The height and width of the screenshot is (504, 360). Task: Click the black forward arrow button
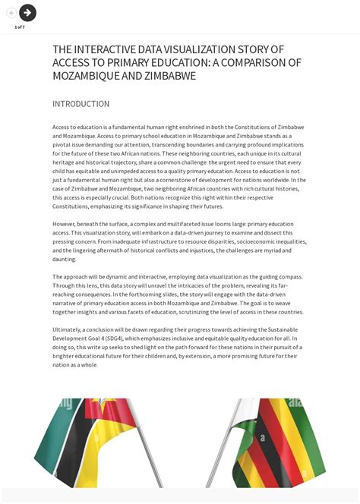coord(27,12)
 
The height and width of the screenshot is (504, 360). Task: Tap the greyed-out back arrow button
coord(11,13)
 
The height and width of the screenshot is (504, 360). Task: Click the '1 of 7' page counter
coord(19,27)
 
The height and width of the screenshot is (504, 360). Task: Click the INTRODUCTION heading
coord(81,104)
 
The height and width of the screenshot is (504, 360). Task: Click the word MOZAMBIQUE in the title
coord(86,76)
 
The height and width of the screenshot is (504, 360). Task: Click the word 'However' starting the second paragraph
coord(65,224)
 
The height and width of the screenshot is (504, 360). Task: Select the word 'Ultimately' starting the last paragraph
coord(68,329)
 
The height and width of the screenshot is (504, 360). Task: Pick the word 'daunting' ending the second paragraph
coord(65,259)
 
